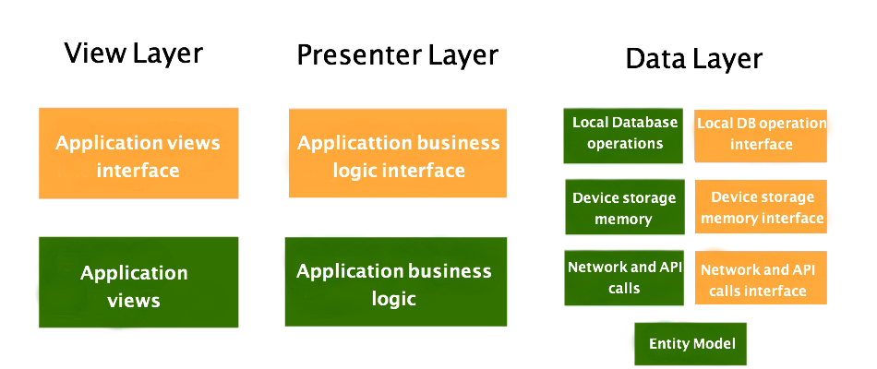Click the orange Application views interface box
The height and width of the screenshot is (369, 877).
coord(138,153)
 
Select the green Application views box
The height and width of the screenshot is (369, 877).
coord(138,282)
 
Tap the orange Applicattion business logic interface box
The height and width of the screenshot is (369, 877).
coord(397,153)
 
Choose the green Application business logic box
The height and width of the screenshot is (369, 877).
coord(395,281)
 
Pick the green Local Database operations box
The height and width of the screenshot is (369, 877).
coord(623,135)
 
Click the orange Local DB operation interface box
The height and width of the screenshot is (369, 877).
coord(761,135)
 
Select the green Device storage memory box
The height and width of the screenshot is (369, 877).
coord(624,208)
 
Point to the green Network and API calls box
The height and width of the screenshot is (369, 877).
coord(624,278)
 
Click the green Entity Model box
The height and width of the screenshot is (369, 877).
coord(691,344)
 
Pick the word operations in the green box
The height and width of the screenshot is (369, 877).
coord(625,144)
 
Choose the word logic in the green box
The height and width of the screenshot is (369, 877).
coord(394,299)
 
